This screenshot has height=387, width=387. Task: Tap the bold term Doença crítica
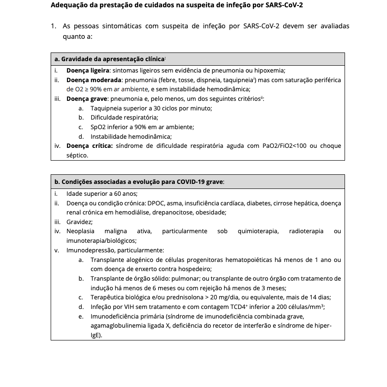(89, 146)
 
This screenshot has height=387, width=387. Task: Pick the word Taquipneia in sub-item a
(106, 108)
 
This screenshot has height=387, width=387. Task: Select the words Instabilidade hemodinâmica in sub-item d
(131, 136)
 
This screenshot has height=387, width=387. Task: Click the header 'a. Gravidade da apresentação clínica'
(110, 59)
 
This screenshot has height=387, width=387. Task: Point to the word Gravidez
(79, 222)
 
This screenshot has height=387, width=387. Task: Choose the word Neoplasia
(80, 231)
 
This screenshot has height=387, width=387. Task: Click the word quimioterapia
(258, 231)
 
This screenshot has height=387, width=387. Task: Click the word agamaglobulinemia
(116, 326)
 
